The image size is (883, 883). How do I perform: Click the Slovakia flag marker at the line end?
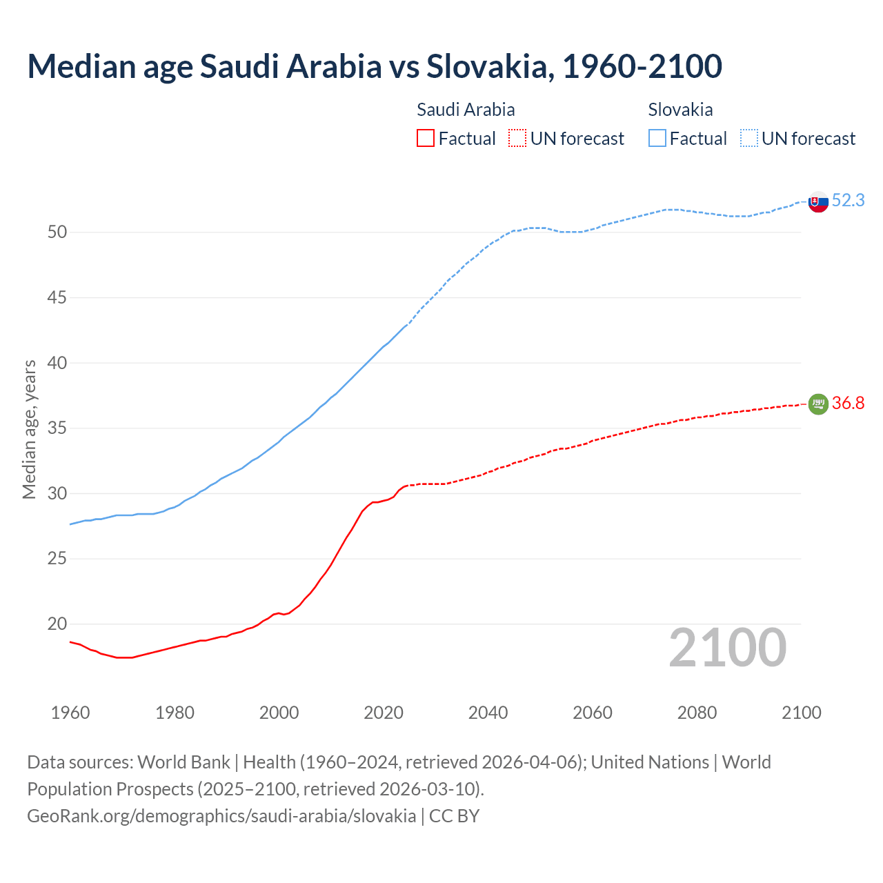(x=818, y=202)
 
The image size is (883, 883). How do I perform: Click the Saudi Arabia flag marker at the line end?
(x=818, y=404)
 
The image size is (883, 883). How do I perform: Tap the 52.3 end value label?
(x=848, y=201)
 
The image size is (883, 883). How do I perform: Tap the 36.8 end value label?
(x=848, y=404)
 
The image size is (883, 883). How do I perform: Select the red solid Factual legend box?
(x=426, y=138)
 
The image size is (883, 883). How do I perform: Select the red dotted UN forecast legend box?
(x=517, y=138)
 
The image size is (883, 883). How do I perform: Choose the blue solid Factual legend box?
(x=657, y=138)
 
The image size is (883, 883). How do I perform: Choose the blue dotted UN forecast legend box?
(x=749, y=138)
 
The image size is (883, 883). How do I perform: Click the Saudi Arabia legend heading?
(x=466, y=110)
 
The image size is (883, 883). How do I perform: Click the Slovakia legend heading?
(x=680, y=110)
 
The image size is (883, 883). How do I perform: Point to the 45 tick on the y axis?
(x=57, y=298)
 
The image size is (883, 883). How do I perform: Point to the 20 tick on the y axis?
(x=57, y=624)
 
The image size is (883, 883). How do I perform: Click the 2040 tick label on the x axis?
(x=488, y=713)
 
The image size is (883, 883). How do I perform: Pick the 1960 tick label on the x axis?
(x=70, y=713)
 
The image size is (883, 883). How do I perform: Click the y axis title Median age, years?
(x=29, y=429)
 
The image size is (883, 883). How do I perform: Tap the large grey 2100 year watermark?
(x=727, y=648)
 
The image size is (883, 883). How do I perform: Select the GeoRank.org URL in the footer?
(x=221, y=816)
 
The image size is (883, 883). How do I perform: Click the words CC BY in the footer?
(x=454, y=816)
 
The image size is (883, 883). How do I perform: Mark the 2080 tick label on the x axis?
(x=697, y=713)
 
